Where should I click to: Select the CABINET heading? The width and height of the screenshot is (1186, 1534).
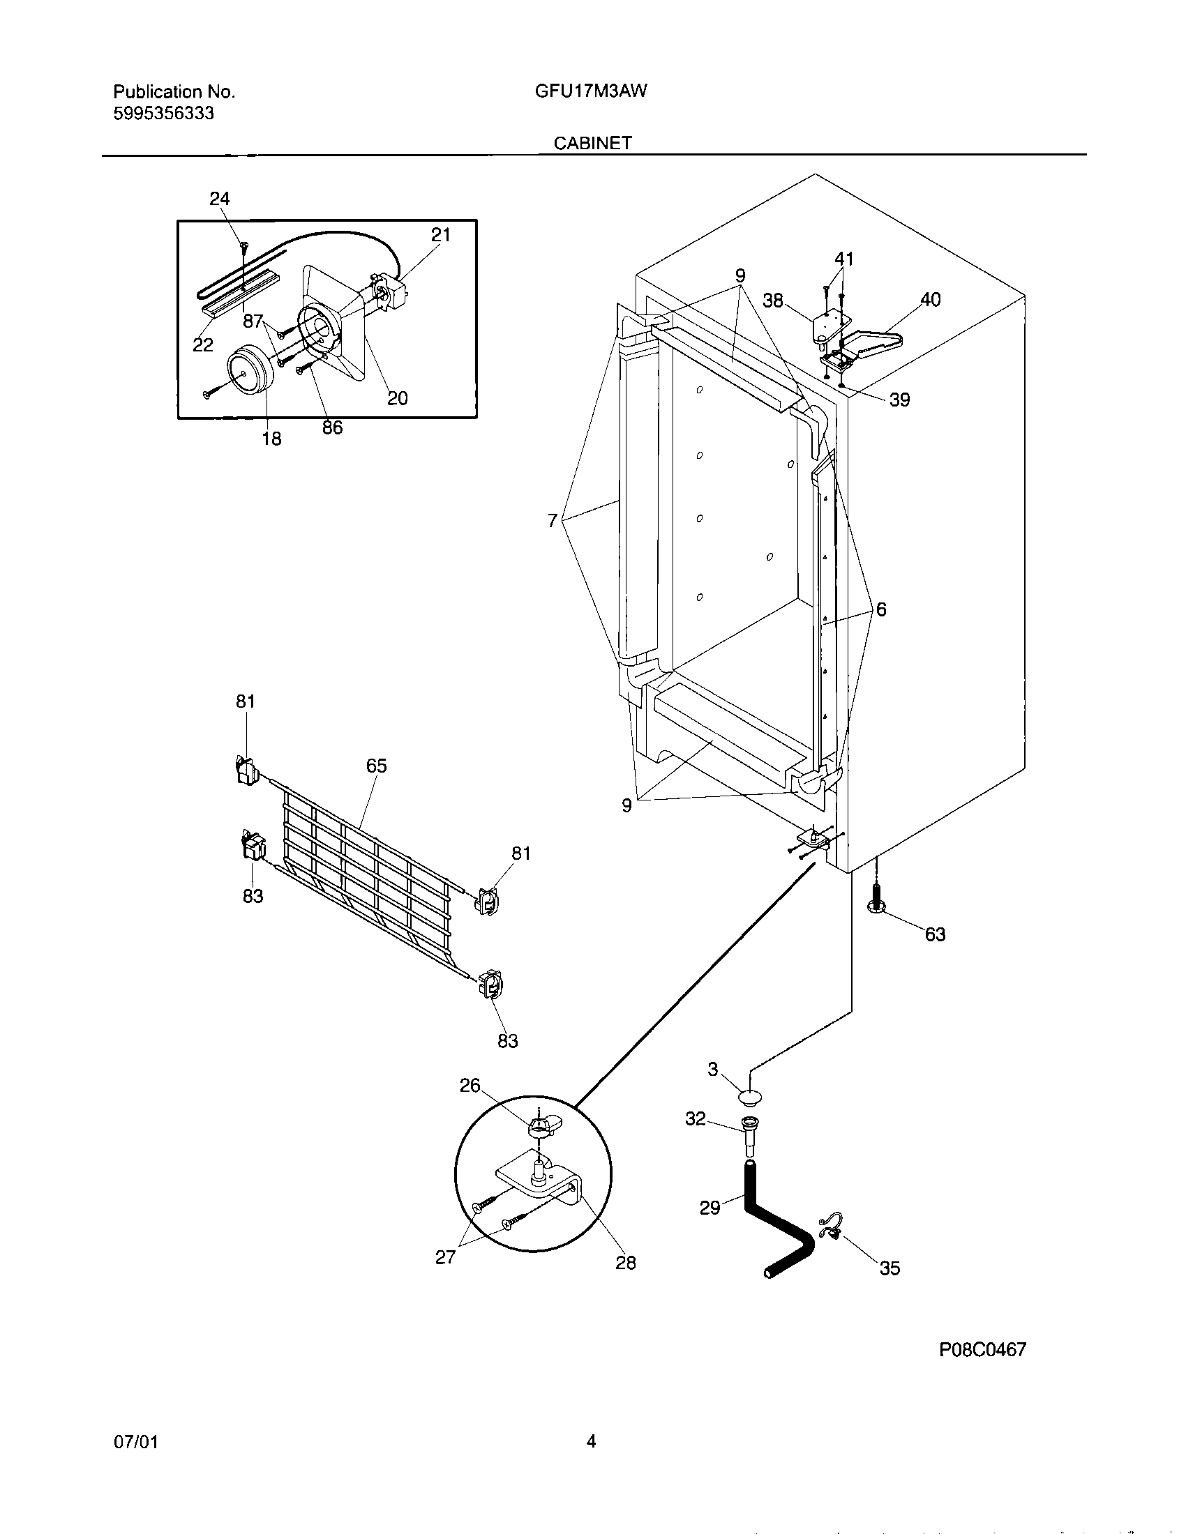[592, 143]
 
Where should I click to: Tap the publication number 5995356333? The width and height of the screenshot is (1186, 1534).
[164, 113]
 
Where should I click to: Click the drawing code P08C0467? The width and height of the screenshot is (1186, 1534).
[983, 1349]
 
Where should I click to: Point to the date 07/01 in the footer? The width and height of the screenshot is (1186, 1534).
[135, 1442]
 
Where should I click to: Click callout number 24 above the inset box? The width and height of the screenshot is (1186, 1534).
[220, 199]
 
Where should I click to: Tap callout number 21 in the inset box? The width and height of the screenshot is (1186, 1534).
[440, 235]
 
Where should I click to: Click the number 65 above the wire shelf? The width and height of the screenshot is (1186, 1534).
[377, 766]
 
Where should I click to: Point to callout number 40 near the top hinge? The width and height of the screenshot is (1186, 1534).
[930, 300]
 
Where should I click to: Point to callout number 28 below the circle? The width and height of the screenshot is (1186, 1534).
[625, 1263]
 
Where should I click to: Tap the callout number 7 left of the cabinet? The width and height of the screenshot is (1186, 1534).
[553, 520]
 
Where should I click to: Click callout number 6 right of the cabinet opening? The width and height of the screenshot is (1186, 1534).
[881, 609]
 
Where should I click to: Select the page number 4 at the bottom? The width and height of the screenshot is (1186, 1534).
[591, 1442]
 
